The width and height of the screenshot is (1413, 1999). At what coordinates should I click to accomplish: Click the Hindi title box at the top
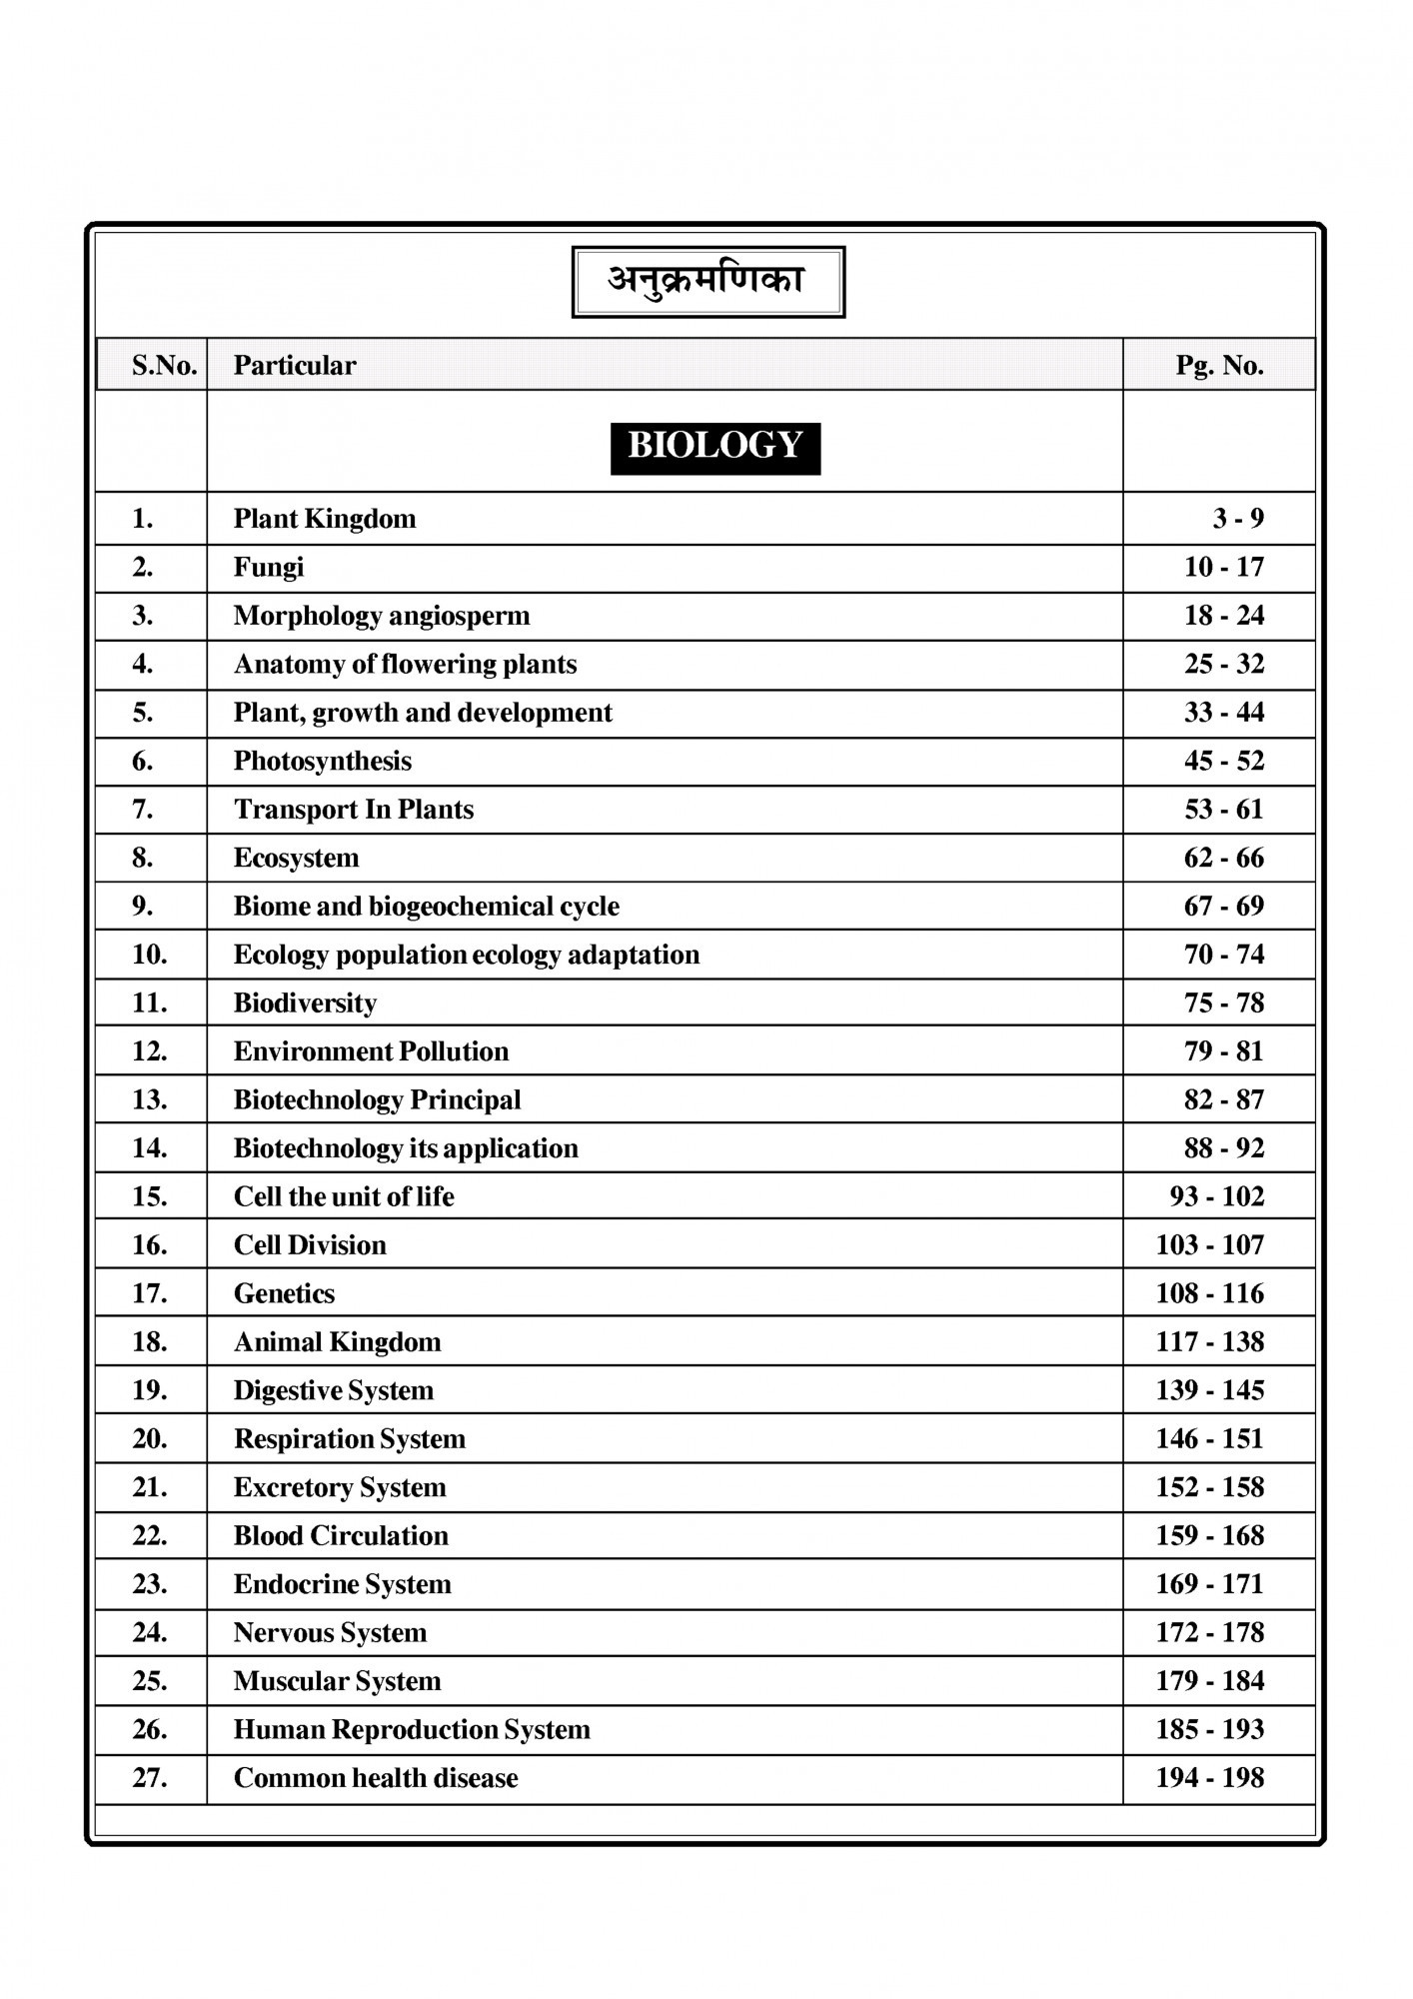click(707, 281)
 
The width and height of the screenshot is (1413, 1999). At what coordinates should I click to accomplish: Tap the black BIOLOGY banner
click(714, 447)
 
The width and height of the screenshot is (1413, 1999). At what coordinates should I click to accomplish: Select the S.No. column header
click(165, 366)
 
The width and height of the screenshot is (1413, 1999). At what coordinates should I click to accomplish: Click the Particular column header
click(295, 366)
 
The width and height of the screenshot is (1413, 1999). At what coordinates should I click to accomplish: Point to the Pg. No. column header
click(1219, 366)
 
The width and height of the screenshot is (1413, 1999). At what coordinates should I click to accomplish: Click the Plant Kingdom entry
click(325, 519)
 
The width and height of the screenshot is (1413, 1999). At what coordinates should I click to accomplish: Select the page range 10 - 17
click(1223, 568)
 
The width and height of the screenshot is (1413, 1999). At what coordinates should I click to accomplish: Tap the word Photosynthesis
click(322, 762)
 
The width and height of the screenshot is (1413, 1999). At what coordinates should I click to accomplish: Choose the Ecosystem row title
click(296, 859)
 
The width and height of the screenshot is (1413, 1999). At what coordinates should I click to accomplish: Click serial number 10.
click(150, 955)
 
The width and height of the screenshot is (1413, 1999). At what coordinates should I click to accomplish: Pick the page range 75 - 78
click(1223, 1003)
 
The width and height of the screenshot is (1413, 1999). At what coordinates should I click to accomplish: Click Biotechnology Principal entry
click(377, 1100)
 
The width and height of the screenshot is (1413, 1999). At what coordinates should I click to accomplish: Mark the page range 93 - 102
click(1216, 1197)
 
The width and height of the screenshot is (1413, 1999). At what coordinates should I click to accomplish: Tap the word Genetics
click(284, 1294)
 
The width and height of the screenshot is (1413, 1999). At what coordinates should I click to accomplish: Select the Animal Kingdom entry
click(337, 1342)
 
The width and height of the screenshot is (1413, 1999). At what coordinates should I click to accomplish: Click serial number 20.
click(150, 1439)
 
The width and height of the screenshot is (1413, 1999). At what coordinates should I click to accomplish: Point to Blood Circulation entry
click(341, 1536)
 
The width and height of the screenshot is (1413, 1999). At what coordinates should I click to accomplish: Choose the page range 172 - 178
click(1209, 1633)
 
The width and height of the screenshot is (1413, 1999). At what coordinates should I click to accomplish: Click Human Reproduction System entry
click(412, 1730)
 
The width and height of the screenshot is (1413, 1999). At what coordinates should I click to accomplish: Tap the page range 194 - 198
click(1209, 1778)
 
